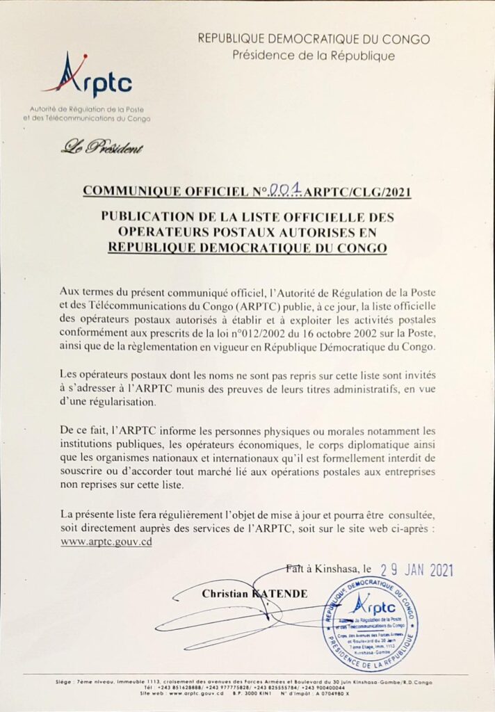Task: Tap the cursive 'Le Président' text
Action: tap(102, 146)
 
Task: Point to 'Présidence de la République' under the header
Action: tap(314, 56)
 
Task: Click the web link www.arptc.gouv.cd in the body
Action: tap(106, 542)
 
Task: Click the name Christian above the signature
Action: tap(225, 594)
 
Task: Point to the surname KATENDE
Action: tap(281, 594)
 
